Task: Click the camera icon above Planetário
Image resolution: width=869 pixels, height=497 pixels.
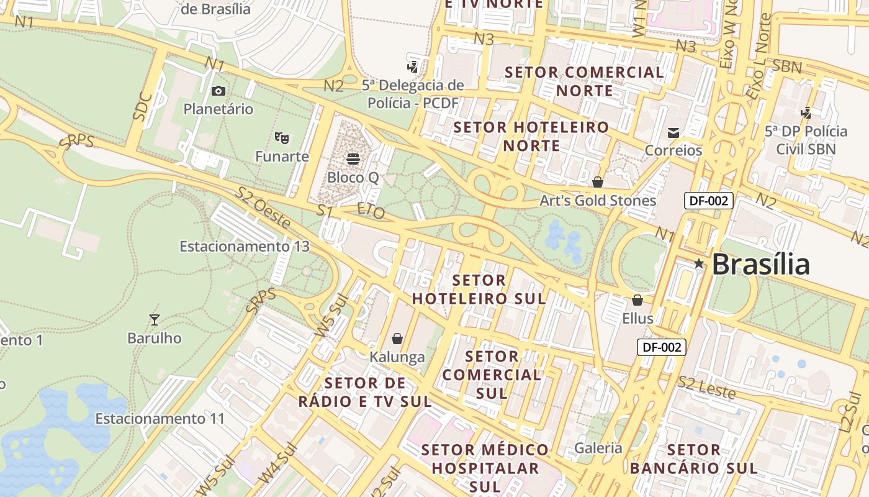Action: [218, 91]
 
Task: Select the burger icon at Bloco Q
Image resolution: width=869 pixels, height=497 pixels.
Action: [353, 159]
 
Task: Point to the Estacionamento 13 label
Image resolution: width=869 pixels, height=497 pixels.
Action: [245, 247]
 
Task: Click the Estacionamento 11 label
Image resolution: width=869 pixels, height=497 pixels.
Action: [160, 419]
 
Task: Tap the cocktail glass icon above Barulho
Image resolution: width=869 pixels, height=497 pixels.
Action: [155, 320]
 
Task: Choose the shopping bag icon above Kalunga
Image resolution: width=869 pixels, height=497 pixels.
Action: [397, 339]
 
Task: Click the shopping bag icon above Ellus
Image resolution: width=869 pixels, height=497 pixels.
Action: [637, 301]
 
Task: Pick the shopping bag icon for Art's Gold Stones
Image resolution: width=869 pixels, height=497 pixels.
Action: [598, 182]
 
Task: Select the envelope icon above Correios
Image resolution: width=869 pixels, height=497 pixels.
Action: [673, 132]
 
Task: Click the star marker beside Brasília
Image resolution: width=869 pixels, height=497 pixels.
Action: [699, 263]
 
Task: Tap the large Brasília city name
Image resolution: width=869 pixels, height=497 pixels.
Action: [761, 265]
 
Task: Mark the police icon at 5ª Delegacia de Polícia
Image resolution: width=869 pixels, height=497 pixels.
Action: [412, 66]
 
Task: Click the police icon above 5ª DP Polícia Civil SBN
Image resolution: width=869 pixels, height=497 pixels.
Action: [806, 113]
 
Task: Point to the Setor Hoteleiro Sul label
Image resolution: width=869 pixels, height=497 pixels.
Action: [479, 290]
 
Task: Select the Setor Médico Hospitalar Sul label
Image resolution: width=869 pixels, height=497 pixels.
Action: [486, 468]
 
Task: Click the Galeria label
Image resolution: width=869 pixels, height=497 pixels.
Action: [598, 448]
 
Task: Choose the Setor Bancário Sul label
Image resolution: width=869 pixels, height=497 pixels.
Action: [694, 458]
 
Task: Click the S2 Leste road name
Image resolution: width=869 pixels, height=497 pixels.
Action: [707, 388]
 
